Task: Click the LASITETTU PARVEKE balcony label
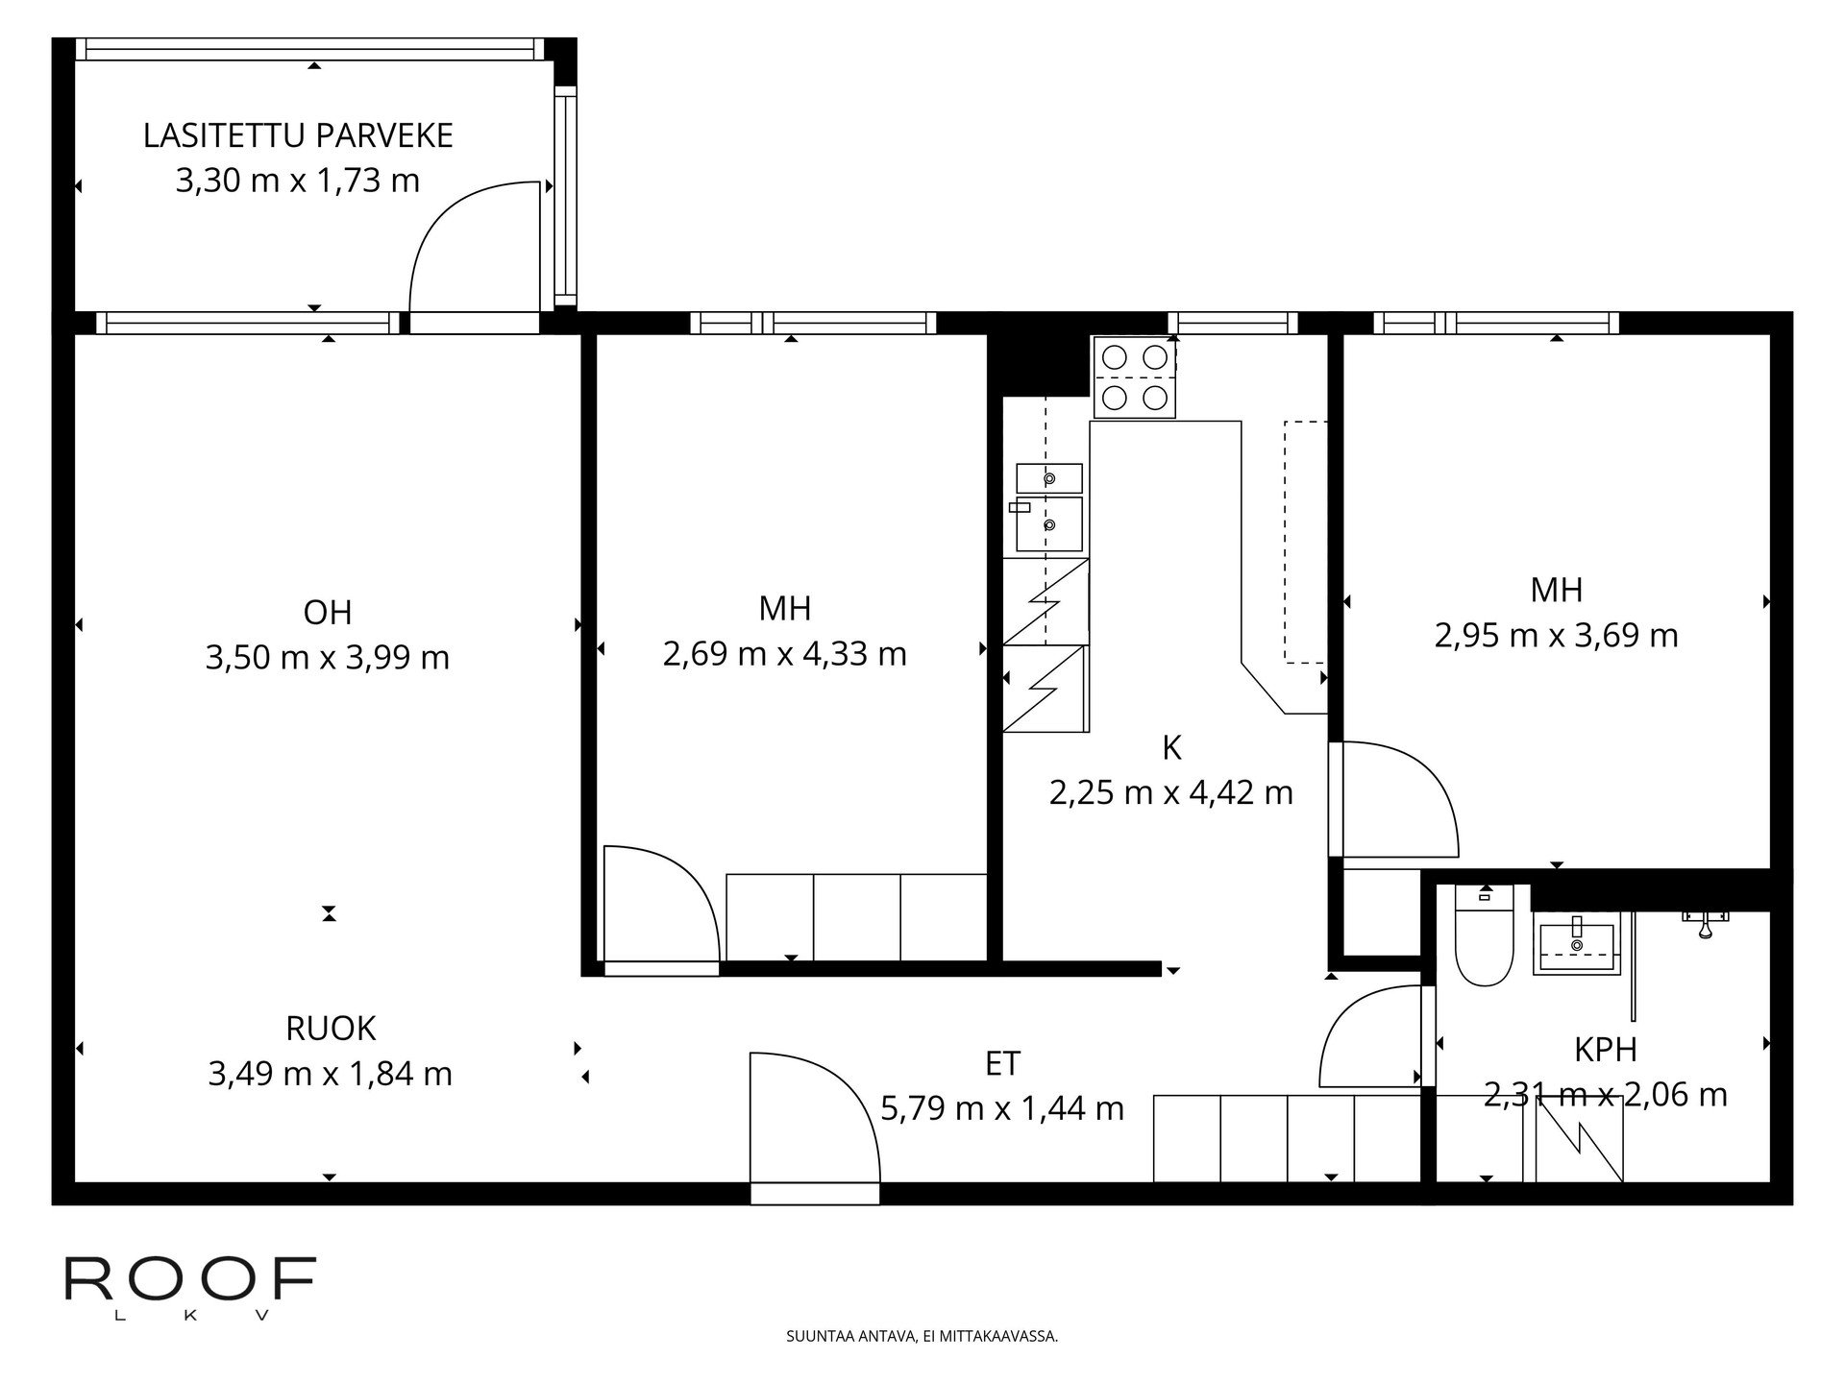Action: pyautogui.click(x=298, y=136)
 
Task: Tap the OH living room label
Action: pyautogui.click(x=328, y=612)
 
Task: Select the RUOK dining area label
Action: pyautogui.click(x=331, y=1029)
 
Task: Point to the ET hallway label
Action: pyautogui.click(x=1002, y=1063)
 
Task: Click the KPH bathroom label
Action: pyautogui.click(x=1606, y=1050)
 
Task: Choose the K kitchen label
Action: pyautogui.click(x=1171, y=748)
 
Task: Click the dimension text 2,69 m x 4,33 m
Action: pyautogui.click(x=785, y=654)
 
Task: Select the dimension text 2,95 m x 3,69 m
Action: pyautogui.click(x=1557, y=636)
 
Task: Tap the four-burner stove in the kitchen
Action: pyautogui.click(x=1134, y=377)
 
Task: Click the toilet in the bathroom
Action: pyautogui.click(x=1485, y=936)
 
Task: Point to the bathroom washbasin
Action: pyautogui.click(x=1576, y=945)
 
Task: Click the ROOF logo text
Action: pyautogui.click(x=190, y=1278)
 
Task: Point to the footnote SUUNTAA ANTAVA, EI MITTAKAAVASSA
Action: pyautogui.click(x=922, y=1336)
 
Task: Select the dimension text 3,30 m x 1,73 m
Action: pyautogui.click(x=298, y=181)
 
